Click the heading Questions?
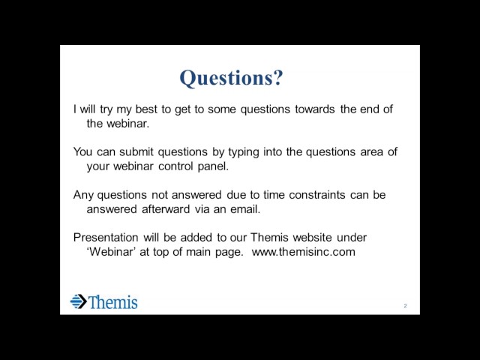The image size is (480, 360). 231,78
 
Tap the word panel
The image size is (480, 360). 213,166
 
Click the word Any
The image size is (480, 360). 83,195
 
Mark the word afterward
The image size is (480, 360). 166,209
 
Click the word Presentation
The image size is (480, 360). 106,238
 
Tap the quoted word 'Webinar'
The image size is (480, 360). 112,252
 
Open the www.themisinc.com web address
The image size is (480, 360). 303,252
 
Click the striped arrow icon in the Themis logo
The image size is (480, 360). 79,301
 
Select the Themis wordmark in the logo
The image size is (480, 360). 113,301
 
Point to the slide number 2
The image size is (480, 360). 405,306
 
